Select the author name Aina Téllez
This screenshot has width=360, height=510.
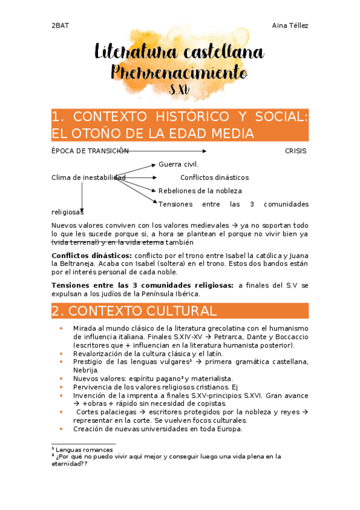click(x=290, y=25)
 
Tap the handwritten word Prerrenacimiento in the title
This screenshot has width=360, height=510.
click(x=180, y=73)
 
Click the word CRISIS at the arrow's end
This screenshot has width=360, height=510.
click(x=295, y=151)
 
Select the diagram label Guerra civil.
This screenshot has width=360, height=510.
click(x=178, y=164)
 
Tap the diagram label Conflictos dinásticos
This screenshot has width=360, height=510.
click(x=214, y=177)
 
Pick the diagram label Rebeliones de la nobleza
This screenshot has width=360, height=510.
click(x=200, y=191)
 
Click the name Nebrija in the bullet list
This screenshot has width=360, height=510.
click(x=86, y=370)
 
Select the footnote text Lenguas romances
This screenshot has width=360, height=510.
click(x=85, y=449)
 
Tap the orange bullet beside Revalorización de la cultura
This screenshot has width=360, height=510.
click(x=61, y=354)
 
